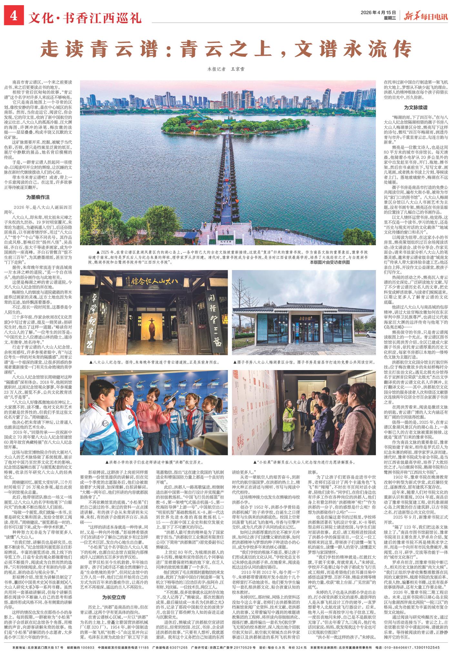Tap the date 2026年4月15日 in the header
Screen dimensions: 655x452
[378, 12]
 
